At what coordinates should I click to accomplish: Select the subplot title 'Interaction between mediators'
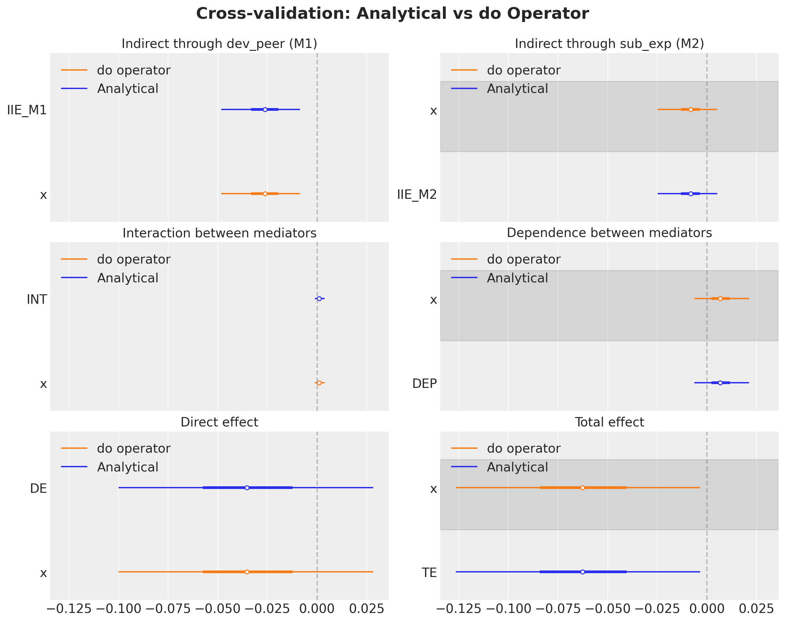tap(219, 233)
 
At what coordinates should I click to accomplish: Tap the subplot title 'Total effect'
tap(609, 422)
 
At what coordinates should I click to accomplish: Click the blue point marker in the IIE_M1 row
tap(265, 109)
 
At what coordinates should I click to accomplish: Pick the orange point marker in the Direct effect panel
tap(247, 572)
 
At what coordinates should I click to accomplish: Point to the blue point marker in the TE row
tap(583, 572)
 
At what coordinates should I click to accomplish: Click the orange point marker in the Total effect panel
tap(583, 488)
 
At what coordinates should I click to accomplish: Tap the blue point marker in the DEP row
tap(720, 383)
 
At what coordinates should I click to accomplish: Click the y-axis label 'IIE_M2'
tap(417, 195)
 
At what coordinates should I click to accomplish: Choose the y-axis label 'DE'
tap(38, 488)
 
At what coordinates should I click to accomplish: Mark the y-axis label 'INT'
tap(37, 300)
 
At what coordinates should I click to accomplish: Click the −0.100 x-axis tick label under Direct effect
tap(118, 608)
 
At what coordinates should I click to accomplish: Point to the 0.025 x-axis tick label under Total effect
tap(756, 608)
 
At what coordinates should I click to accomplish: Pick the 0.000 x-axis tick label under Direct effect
tap(317, 608)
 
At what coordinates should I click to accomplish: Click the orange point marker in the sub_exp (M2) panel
tap(691, 109)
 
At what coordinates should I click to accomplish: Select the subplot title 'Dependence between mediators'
tap(609, 233)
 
